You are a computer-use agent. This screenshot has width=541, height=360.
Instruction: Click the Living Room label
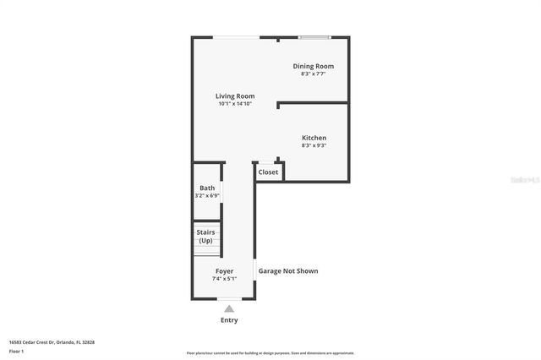pyautogui.click(x=235, y=96)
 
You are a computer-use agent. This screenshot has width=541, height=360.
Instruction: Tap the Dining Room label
pyautogui.click(x=314, y=66)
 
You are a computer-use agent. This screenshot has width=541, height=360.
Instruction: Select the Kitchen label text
pyautogui.click(x=314, y=138)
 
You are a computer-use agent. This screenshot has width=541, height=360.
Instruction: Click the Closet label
pyautogui.click(x=268, y=172)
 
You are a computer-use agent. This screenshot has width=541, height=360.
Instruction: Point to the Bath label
pyautogui.click(x=207, y=188)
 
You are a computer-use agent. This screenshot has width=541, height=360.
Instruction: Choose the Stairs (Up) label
pyautogui.click(x=205, y=236)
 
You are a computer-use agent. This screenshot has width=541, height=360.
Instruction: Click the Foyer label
pyautogui.click(x=224, y=271)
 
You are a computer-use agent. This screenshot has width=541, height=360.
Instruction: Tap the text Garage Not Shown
pyautogui.click(x=288, y=271)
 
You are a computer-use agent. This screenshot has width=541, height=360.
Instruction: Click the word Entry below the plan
pyautogui.click(x=229, y=320)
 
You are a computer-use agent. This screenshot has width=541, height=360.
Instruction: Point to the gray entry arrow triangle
pyautogui.click(x=229, y=309)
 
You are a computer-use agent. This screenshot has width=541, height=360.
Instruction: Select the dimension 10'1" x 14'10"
pyautogui.click(x=236, y=104)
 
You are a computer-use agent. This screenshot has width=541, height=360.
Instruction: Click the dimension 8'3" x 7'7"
pyautogui.click(x=314, y=74)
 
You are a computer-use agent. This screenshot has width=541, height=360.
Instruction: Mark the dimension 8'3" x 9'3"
pyautogui.click(x=314, y=145)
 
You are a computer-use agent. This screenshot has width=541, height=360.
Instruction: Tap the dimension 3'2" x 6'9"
pyautogui.click(x=207, y=195)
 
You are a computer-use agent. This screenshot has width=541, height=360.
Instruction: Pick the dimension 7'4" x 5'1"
pyautogui.click(x=224, y=279)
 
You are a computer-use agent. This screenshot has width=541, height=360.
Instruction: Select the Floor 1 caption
pyautogui.click(x=16, y=350)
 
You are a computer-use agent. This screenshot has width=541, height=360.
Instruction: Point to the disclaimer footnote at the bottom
pyautogui.click(x=270, y=353)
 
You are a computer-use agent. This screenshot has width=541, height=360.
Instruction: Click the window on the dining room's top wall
pyautogui.click(x=314, y=37)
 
